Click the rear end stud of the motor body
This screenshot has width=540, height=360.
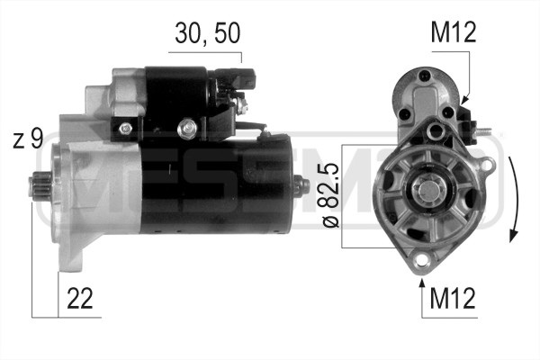[303, 187]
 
